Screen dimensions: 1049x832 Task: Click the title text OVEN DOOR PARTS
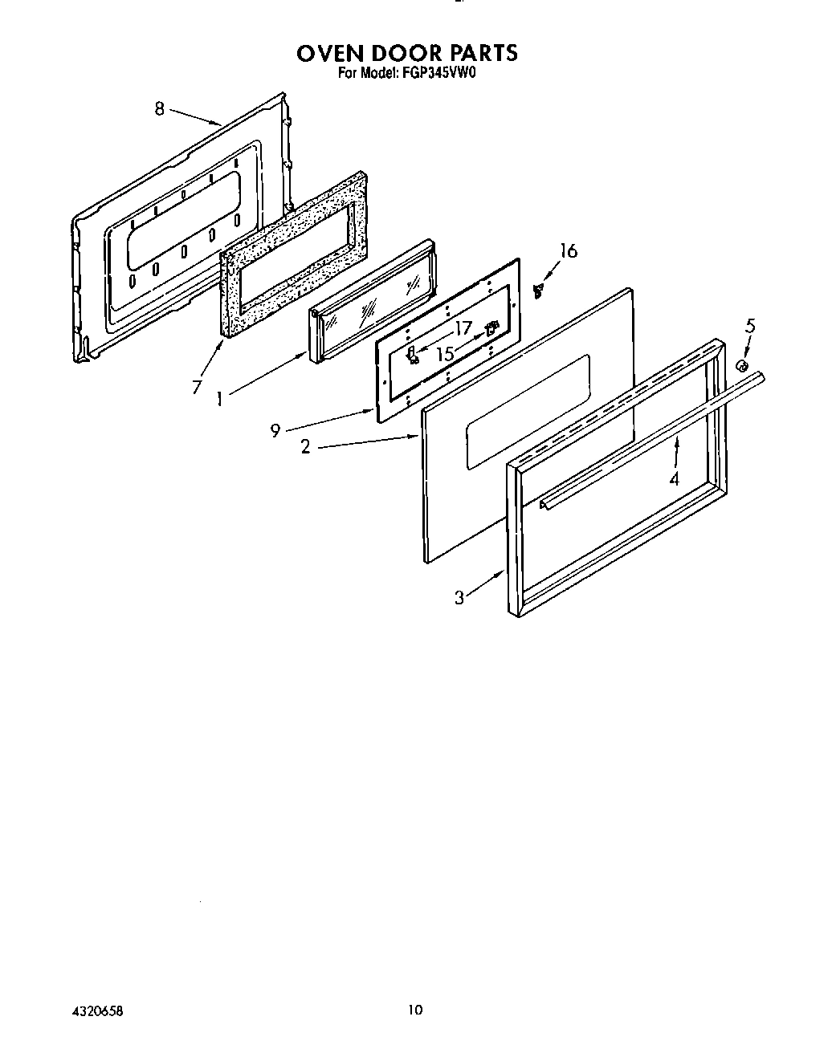[407, 53]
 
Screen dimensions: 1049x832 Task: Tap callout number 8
[159, 108]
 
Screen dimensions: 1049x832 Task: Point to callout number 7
[197, 386]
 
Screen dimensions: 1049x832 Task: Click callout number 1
[219, 397]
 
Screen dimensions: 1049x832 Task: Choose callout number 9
[275, 431]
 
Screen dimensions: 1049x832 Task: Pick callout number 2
[305, 447]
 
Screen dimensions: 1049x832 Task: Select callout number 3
[459, 597]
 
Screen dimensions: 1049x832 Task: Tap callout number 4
[675, 479]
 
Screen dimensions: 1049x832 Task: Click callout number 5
[750, 326]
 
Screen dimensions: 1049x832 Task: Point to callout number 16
[568, 251]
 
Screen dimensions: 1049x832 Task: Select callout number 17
[463, 328]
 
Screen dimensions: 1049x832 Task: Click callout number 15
[444, 352]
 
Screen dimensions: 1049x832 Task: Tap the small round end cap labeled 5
[743, 366]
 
